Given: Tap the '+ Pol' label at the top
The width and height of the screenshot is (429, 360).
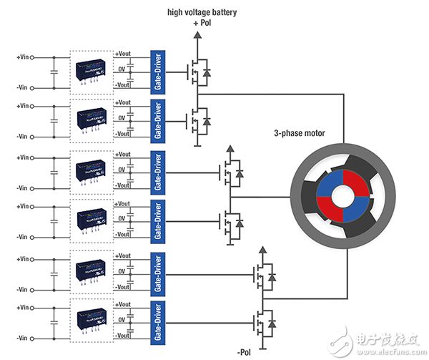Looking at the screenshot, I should click(200, 24).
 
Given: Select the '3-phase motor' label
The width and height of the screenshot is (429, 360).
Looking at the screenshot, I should click(304, 132).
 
